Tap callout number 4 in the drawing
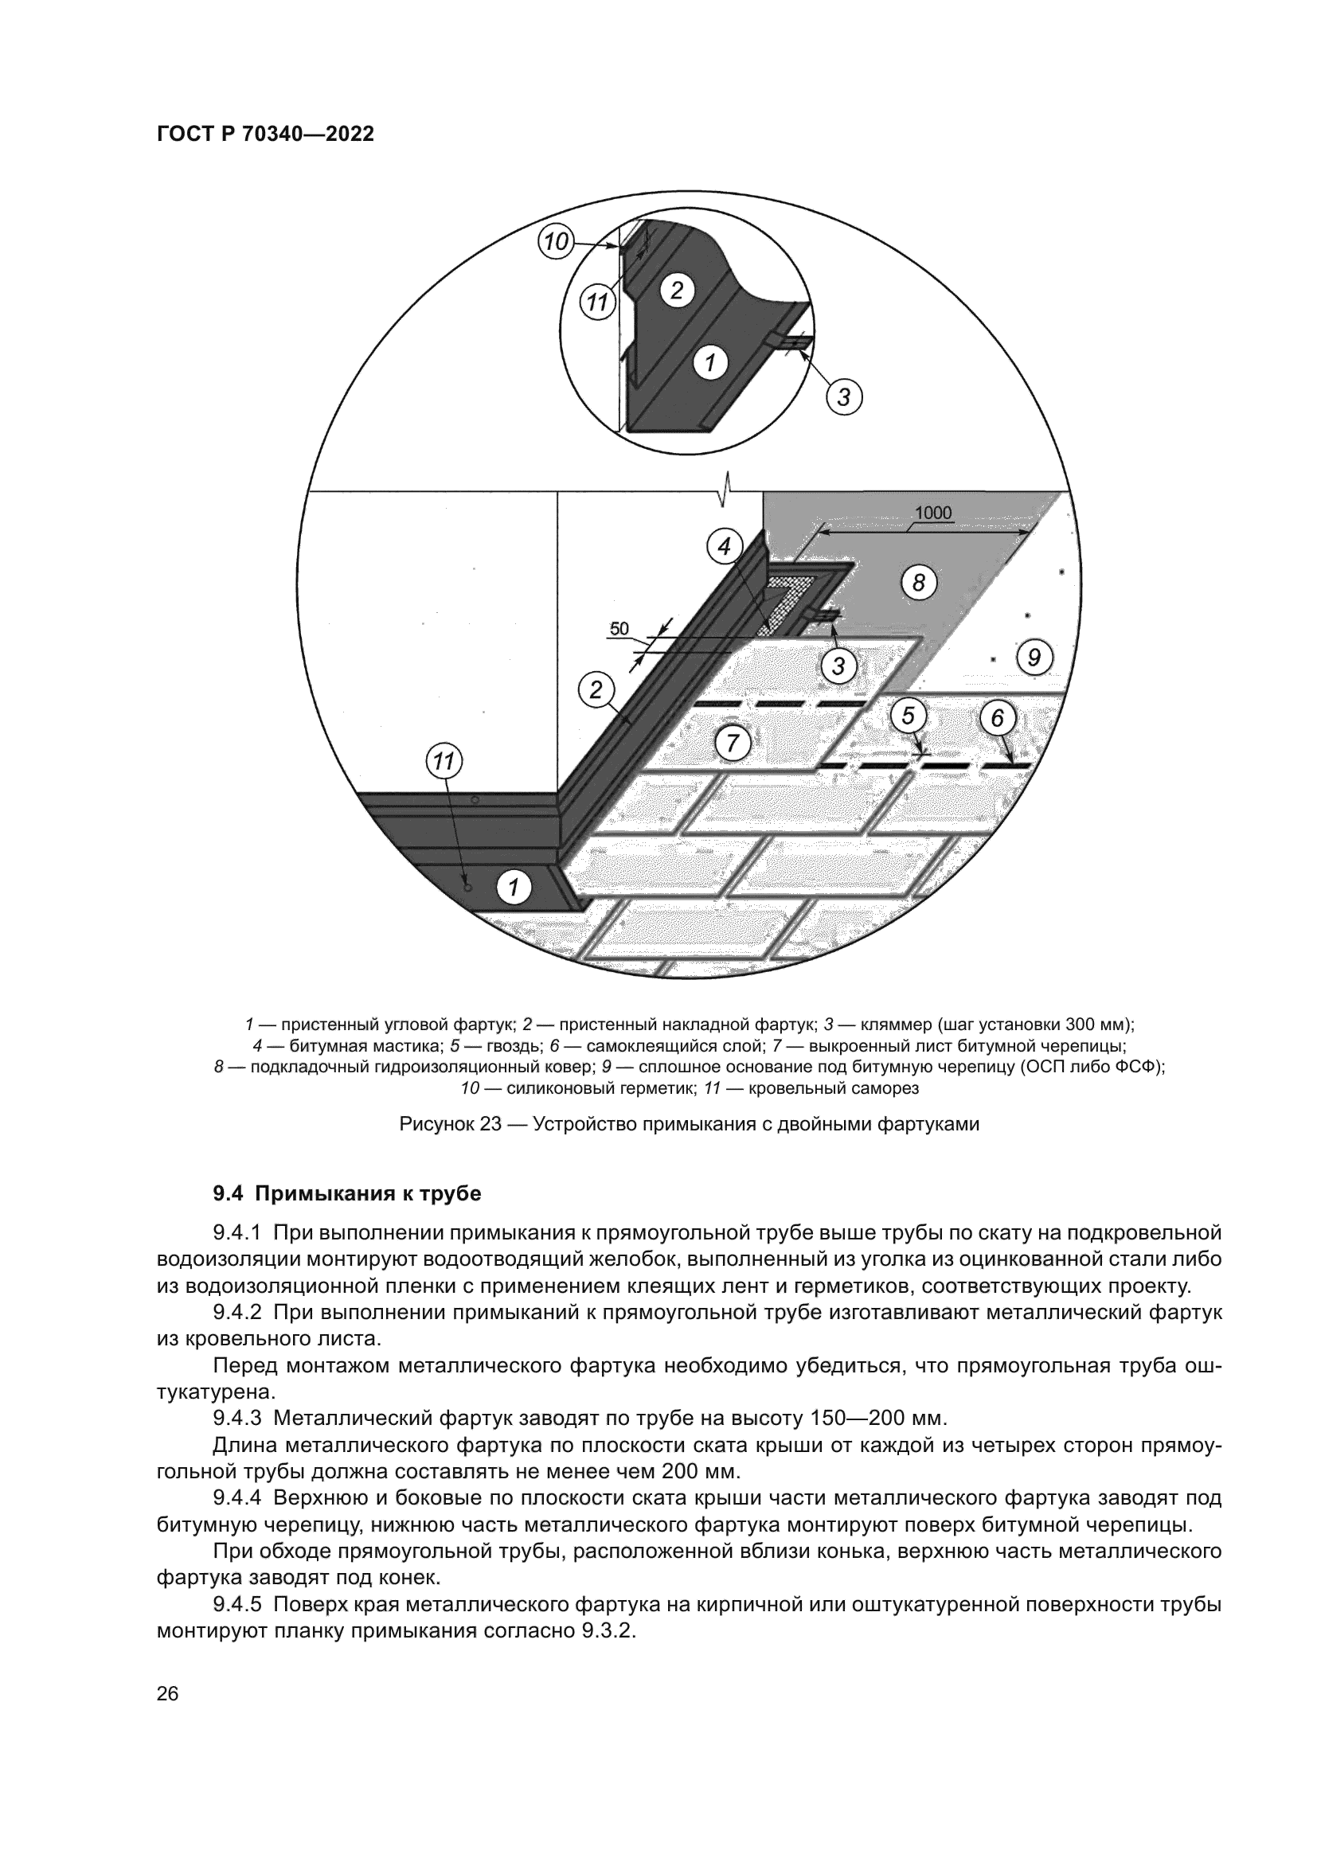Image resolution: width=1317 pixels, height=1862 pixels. coord(724,547)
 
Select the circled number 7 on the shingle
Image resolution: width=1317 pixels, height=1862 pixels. coord(733,743)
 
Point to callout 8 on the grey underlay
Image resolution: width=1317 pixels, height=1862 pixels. coord(918,582)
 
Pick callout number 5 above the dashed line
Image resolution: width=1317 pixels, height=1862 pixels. coord(908,716)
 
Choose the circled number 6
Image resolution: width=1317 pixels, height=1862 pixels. coord(997,718)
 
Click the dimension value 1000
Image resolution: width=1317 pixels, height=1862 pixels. coord(932,513)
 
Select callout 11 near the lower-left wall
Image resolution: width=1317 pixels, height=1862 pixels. coord(443,762)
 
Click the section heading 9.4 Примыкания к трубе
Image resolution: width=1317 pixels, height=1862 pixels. coord(347,1194)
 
